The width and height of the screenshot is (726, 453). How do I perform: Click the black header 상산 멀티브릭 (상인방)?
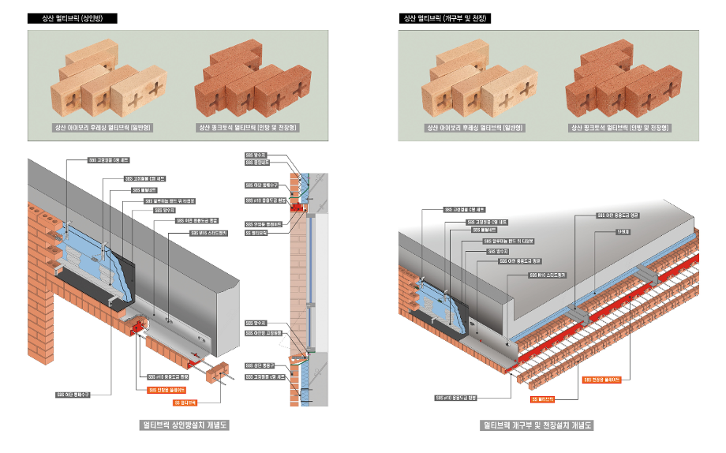(x=72, y=18)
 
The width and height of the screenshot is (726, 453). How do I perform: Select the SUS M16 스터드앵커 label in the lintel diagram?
(x=209, y=234)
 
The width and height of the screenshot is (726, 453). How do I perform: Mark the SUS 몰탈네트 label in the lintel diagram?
(x=144, y=190)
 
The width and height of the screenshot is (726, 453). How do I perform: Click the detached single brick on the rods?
(x=219, y=372)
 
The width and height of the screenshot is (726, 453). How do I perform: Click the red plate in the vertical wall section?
(x=298, y=207)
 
